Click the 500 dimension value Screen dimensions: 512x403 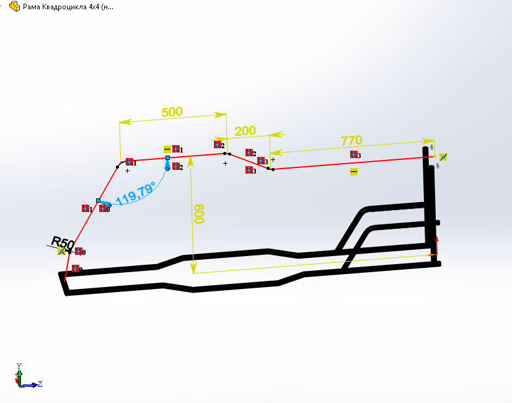[x=172, y=112]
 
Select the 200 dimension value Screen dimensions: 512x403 [x=245, y=131]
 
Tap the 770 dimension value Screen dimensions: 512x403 [x=351, y=141]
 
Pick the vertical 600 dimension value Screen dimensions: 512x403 [x=199, y=214]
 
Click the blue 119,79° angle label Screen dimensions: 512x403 [x=136, y=194]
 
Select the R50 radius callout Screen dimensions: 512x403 [x=63, y=242]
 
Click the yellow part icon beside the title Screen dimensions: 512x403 [x=15, y=6]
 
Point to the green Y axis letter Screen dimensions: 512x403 [x=19, y=366]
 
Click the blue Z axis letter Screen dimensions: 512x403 [x=40, y=384]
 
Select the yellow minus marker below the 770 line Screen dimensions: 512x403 [x=354, y=172]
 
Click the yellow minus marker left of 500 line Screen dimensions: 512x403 [x=167, y=149]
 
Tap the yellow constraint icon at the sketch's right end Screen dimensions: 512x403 [x=443, y=157]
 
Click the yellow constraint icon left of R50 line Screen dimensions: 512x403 [x=61, y=251]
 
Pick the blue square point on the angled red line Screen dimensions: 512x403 [x=99, y=200]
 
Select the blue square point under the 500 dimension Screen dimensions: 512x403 [x=167, y=157]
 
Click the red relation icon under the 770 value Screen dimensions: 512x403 [x=354, y=154]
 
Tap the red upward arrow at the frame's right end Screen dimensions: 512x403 [x=437, y=245]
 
